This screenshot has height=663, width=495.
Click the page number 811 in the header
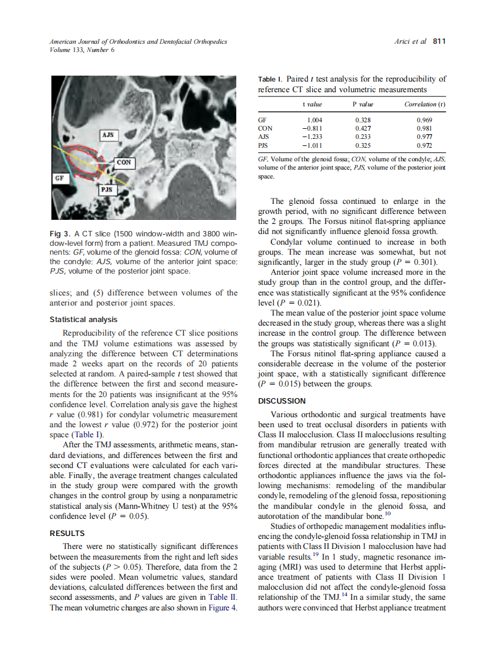[x=439, y=41]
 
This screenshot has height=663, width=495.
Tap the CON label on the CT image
[x=124, y=162]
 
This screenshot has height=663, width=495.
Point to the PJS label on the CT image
[x=107, y=189]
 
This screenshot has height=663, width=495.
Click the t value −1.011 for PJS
[x=311, y=144]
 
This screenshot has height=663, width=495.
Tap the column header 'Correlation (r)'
[x=425, y=104]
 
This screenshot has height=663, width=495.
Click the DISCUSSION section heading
[x=282, y=401]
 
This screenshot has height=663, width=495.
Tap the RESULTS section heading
[x=67, y=534]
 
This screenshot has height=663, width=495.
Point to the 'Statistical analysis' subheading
[x=83, y=320]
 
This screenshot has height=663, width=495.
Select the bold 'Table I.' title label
[x=270, y=79]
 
